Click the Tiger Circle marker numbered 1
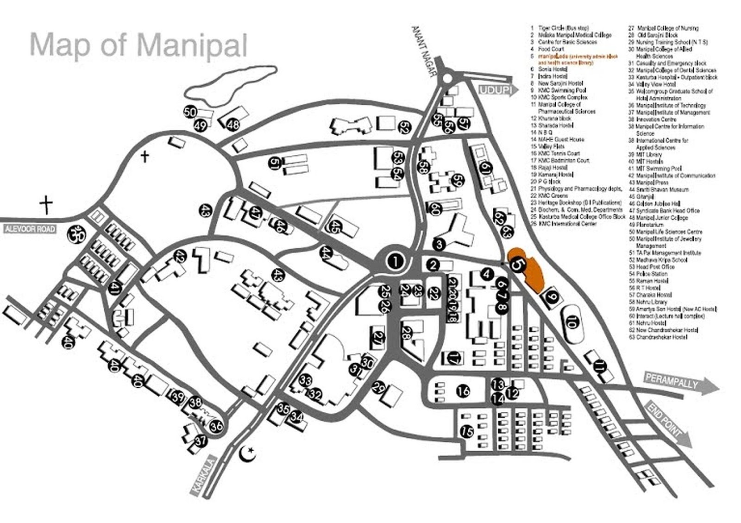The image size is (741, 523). click(x=395, y=261)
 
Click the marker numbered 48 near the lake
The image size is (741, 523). click(x=233, y=124)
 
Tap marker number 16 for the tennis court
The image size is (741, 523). click(x=463, y=391)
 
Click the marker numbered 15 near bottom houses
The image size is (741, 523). click(x=467, y=432)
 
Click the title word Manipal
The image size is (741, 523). click(x=192, y=45)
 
